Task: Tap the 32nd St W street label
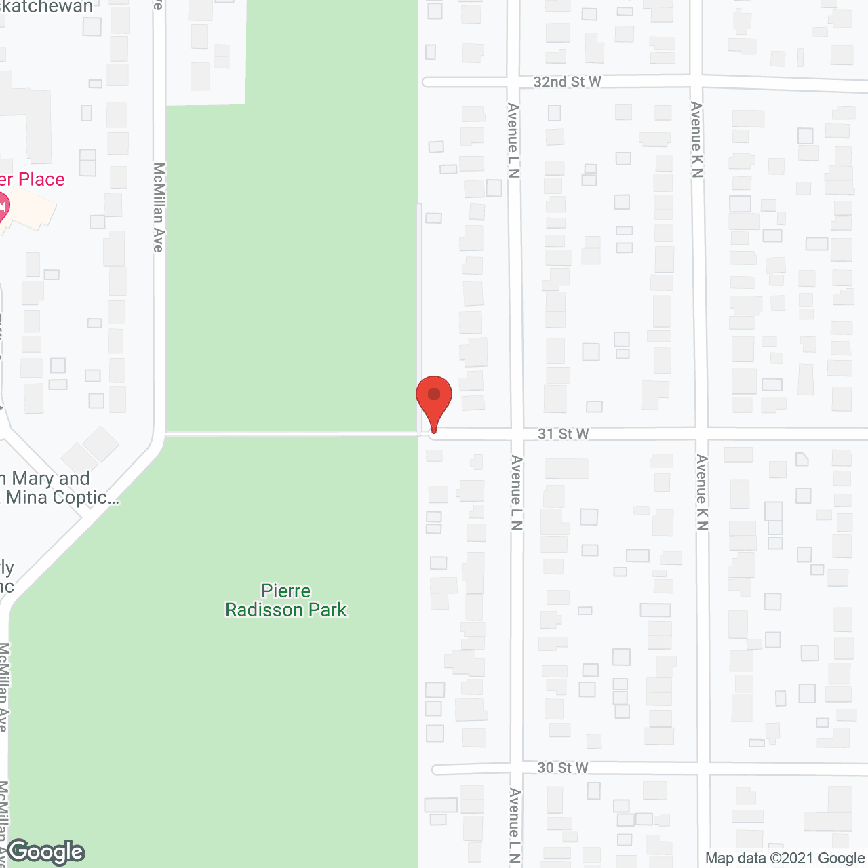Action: coord(567,82)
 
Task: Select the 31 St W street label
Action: coord(563,434)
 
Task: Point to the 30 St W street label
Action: coord(562,768)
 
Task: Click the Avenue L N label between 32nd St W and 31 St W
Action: coord(513,140)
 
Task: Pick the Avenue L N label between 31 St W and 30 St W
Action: coord(517,492)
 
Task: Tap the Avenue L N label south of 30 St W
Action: coord(515,825)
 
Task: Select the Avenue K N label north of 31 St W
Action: coord(696,139)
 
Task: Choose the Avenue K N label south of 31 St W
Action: coord(702,492)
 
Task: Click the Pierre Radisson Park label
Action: coord(286,601)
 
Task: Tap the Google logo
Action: coord(46,852)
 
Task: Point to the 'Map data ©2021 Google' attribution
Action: coord(785,859)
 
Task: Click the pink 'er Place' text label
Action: coord(32,180)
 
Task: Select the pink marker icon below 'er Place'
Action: coord(2,207)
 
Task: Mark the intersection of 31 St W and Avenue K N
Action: coord(702,433)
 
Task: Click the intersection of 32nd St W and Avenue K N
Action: coord(696,83)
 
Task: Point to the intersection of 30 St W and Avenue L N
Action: coord(517,768)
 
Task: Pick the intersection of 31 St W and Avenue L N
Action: coord(517,434)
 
